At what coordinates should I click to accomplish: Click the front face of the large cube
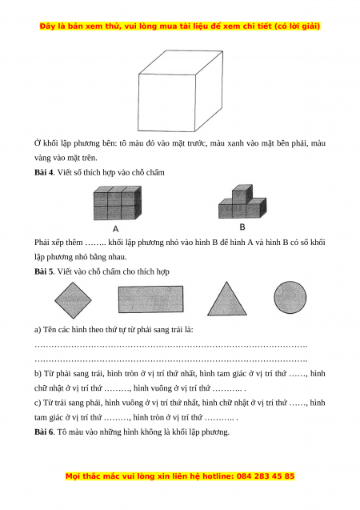(166, 102)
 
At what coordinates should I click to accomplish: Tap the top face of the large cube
(181, 62)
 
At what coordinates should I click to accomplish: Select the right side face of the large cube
(209, 90)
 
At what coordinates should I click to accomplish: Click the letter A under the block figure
(116, 229)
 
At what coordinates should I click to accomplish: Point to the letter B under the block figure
(242, 227)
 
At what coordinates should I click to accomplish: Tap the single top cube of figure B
(242, 194)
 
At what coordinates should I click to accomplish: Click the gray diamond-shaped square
(73, 300)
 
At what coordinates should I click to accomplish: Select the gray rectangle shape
(150, 299)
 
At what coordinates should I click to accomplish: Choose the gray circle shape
(290, 297)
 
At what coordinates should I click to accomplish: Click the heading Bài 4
(44, 172)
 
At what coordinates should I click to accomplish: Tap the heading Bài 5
(44, 271)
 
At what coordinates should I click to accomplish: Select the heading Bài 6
(44, 432)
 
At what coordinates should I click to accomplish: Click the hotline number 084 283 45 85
(266, 476)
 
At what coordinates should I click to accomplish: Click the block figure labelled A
(118, 203)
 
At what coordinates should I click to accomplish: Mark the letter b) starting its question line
(38, 373)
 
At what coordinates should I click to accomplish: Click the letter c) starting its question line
(38, 403)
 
